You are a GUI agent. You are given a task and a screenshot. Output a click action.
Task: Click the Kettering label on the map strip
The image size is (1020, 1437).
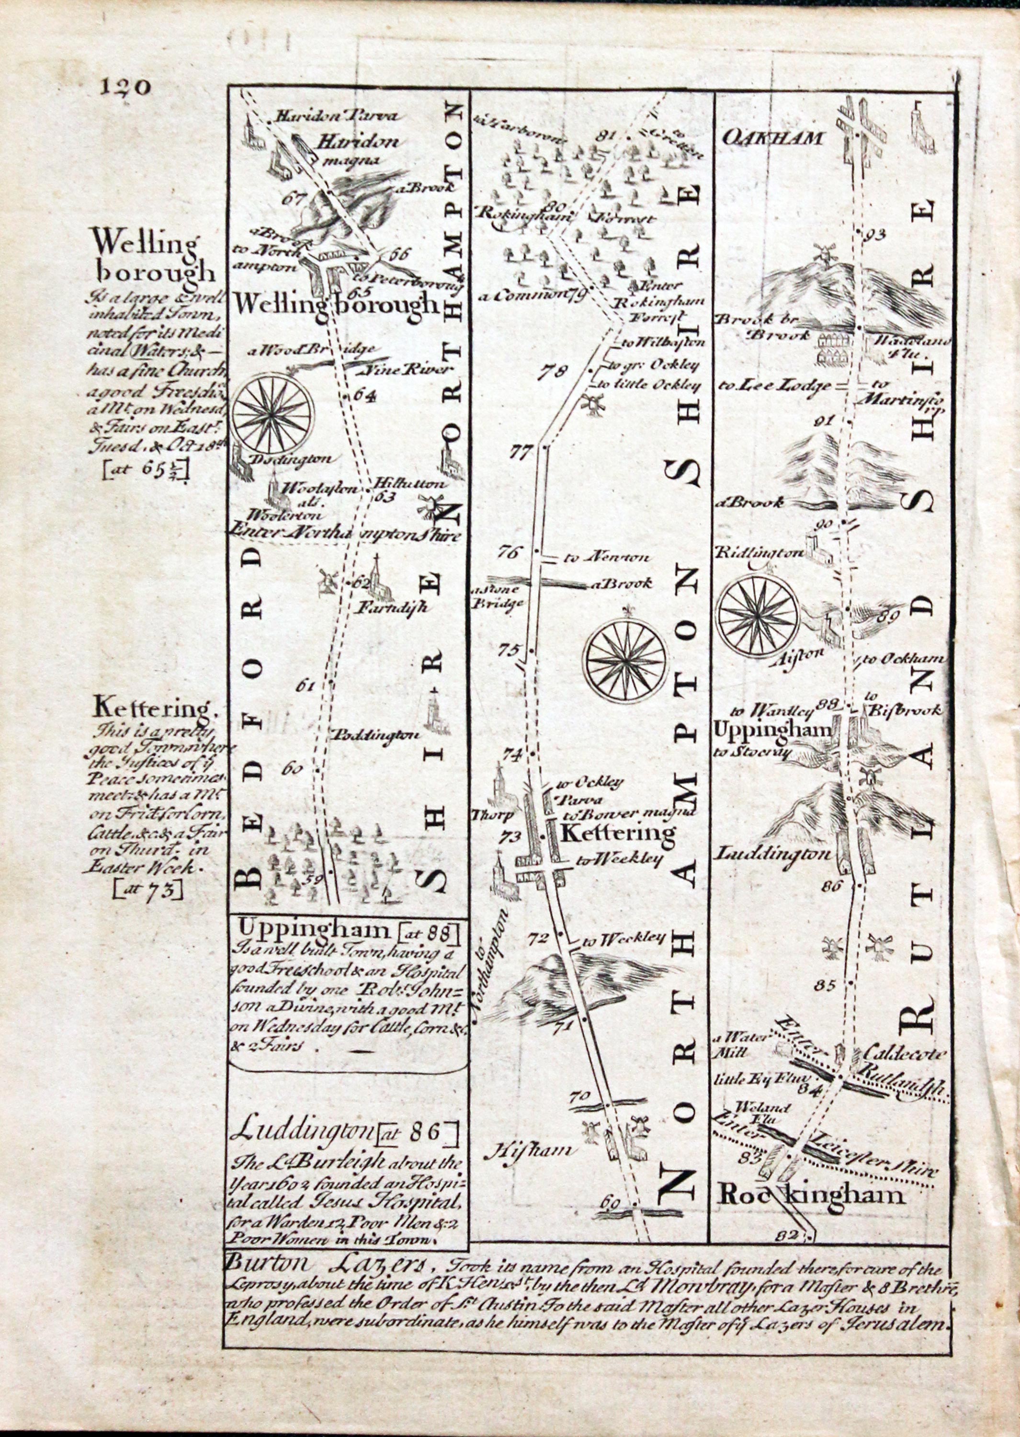tap(617, 833)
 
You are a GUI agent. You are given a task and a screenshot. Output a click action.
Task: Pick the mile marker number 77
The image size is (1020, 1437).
tap(522, 452)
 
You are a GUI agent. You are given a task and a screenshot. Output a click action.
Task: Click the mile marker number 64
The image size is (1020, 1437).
tap(363, 396)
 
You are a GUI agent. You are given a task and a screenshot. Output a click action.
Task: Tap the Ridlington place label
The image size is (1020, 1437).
tap(759, 553)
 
